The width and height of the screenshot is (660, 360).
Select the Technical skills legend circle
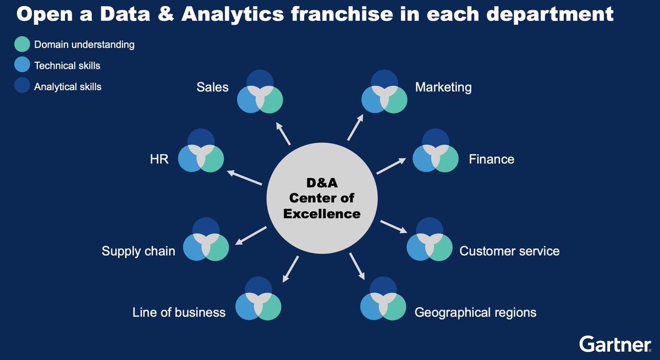click(23, 65)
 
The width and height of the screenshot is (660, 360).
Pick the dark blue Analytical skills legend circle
click(23, 86)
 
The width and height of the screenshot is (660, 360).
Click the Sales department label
click(212, 87)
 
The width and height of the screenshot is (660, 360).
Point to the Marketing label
click(443, 87)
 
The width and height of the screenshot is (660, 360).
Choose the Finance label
click(491, 159)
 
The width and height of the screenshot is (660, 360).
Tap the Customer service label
click(509, 251)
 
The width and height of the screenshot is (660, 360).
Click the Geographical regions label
click(475, 313)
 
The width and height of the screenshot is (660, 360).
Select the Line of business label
click(179, 313)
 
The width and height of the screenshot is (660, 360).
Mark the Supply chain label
click(139, 251)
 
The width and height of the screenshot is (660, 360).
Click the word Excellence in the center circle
click(322, 213)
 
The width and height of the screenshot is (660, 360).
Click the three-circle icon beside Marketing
click(384, 92)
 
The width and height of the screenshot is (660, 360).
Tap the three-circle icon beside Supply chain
click(206, 240)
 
